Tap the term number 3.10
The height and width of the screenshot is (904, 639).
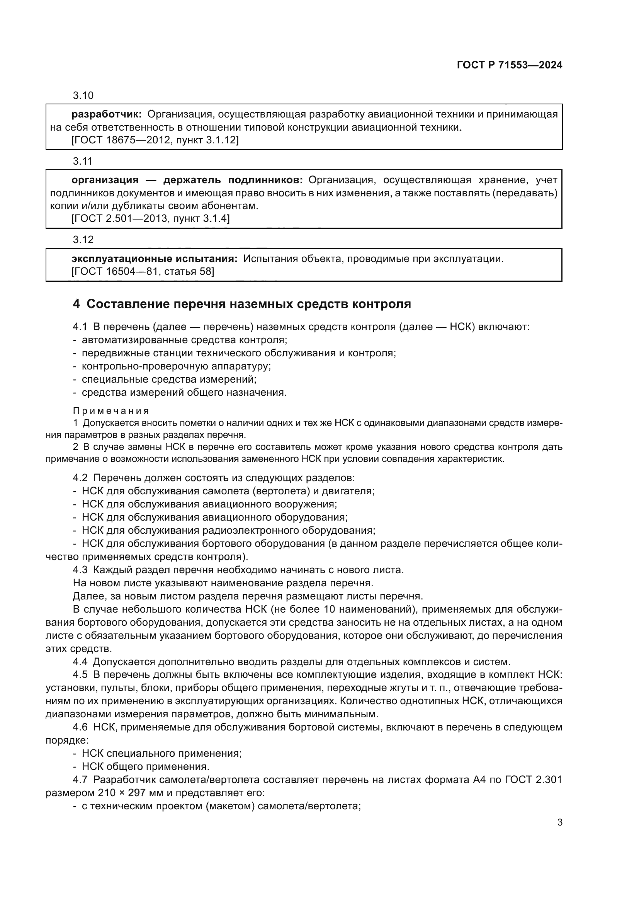click(x=83, y=95)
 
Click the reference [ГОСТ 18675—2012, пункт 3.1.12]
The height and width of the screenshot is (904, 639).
click(x=155, y=140)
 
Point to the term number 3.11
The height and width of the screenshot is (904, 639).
click(x=83, y=161)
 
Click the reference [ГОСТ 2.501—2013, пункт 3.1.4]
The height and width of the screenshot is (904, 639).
click(x=150, y=218)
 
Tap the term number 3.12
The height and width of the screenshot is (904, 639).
click(x=83, y=239)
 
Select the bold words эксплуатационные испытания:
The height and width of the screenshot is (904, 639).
click(x=154, y=259)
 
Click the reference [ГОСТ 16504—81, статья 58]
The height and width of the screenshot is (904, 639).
click(x=143, y=271)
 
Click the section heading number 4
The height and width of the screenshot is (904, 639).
click(x=76, y=304)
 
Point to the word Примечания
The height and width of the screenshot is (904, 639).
click(x=111, y=411)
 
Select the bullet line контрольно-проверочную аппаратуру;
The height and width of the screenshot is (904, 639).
click(x=176, y=366)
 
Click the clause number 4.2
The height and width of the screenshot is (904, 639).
click(x=80, y=478)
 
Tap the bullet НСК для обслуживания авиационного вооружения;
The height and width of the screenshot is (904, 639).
click(x=209, y=504)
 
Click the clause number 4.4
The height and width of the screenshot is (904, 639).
click(x=80, y=661)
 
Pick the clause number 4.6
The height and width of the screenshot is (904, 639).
click(x=80, y=727)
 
